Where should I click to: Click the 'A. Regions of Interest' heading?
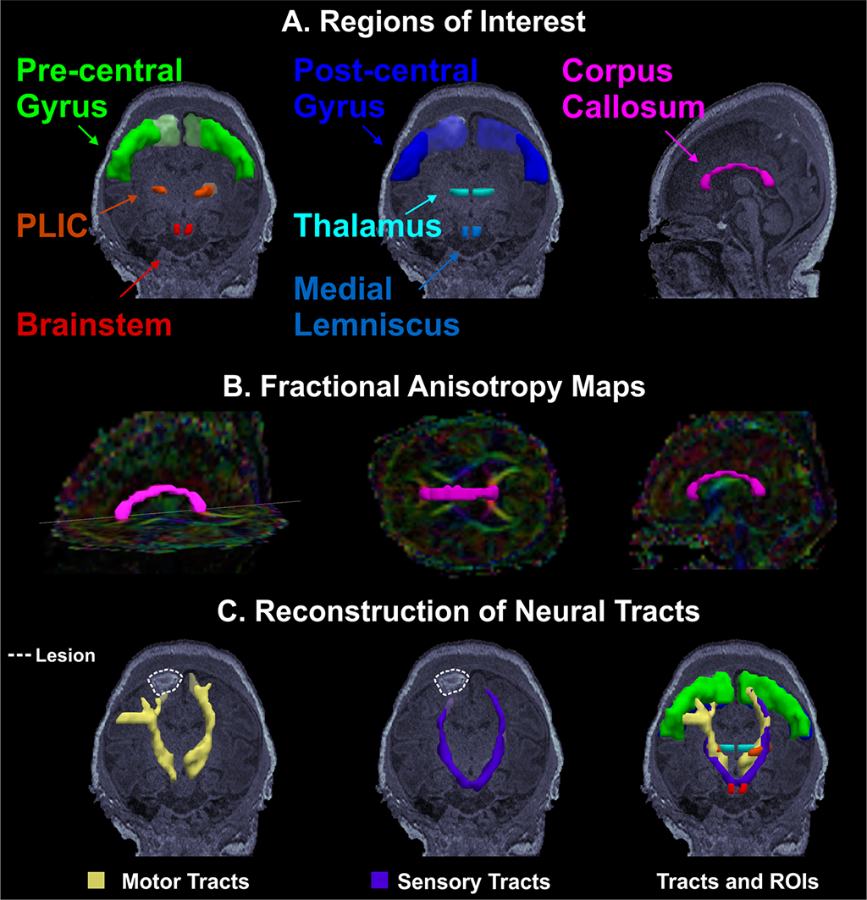coord(433,20)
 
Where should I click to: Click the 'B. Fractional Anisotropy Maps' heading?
coord(433,391)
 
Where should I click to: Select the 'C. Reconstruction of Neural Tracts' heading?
coord(433,611)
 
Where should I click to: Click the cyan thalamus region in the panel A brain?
coord(471,193)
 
